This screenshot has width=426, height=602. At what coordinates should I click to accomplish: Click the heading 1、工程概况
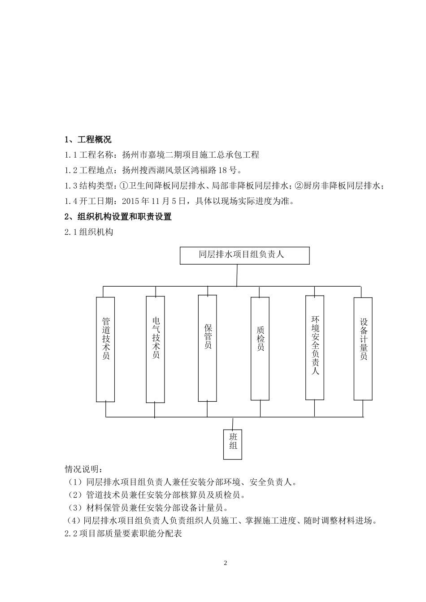(x=88, y=140)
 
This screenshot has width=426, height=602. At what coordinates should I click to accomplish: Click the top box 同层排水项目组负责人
(x=244, y=255)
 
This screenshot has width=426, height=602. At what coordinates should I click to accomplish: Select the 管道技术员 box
(x=106, y=349)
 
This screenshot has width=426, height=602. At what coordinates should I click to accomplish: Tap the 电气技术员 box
(x=156, y=349)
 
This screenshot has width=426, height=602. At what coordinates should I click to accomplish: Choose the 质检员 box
(x=260, y=348)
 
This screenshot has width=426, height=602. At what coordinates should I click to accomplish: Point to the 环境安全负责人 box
(x=315, y=347)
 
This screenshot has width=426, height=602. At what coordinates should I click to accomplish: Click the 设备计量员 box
(x=363, y=348)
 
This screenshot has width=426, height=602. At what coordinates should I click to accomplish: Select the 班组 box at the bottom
(x=233, y=444)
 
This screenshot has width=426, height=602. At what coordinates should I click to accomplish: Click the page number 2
(x=226, y=563)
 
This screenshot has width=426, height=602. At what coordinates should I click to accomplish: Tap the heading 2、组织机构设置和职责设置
(x=118, y=217)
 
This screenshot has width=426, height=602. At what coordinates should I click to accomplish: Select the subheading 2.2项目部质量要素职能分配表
(x=123, y=534)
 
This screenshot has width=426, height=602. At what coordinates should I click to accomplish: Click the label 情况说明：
(x=83, y=469)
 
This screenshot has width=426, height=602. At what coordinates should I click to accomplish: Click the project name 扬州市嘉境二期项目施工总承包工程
(x=191, y=155)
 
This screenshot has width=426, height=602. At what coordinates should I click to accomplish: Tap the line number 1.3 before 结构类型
(x=71, y=185)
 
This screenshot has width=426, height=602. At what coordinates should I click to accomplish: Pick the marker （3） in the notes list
(x=74, y=508)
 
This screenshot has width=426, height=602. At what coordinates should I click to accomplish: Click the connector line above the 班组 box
(x=233, y=423)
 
